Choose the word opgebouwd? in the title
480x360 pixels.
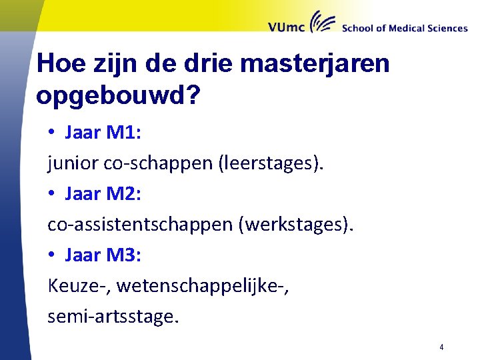117,95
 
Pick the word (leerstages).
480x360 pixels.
271,163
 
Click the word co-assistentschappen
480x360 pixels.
140,225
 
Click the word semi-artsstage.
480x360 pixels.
113,317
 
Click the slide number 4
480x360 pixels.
442,347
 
